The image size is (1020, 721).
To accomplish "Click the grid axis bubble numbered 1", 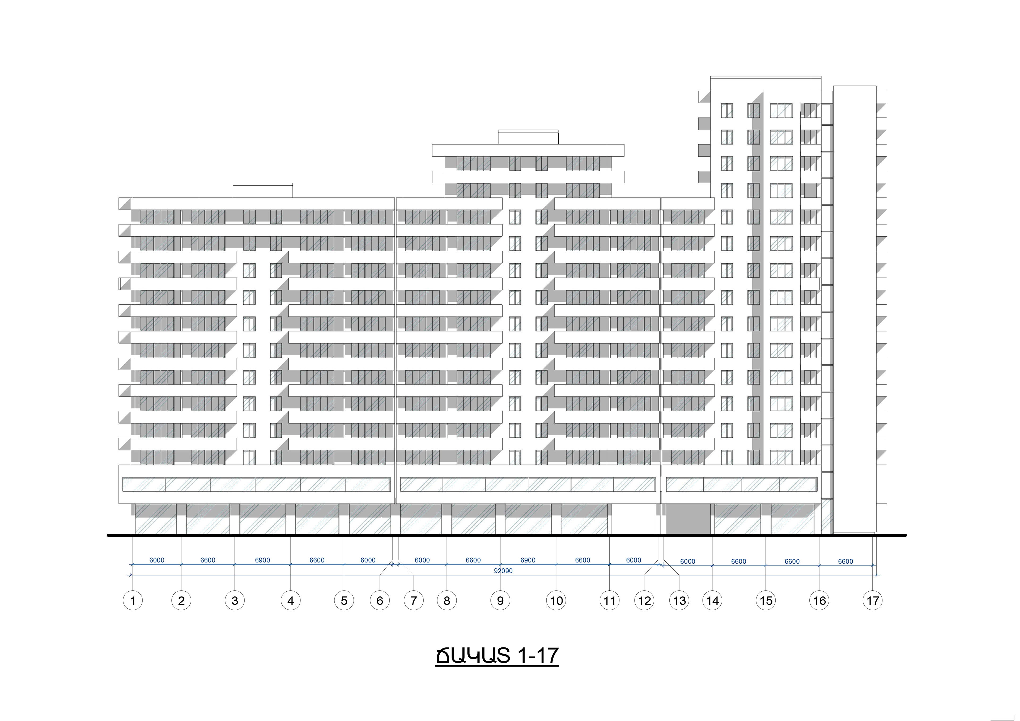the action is [132, 601].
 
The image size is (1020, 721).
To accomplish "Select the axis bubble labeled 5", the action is [344, 601].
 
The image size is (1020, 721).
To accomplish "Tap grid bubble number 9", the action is [500, 601].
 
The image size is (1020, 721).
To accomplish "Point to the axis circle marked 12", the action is [644, 601].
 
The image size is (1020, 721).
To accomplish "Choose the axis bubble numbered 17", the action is [873, 601].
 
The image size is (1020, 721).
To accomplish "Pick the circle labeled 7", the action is [414, 601].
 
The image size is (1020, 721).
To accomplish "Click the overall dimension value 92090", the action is [503, 571].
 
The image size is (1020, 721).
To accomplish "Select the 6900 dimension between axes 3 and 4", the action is [262, 560].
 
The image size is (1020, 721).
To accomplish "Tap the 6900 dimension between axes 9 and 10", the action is [528, 560].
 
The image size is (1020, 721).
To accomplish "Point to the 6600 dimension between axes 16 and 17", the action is [845, 561].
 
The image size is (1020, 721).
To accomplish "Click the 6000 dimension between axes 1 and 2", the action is [157, 560].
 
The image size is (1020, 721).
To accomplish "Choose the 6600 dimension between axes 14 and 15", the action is [739, 561].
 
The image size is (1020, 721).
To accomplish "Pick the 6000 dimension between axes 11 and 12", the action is [634, 560].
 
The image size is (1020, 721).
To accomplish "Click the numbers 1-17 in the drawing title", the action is [538, 656].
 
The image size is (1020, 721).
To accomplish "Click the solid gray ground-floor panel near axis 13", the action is [688, 519].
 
